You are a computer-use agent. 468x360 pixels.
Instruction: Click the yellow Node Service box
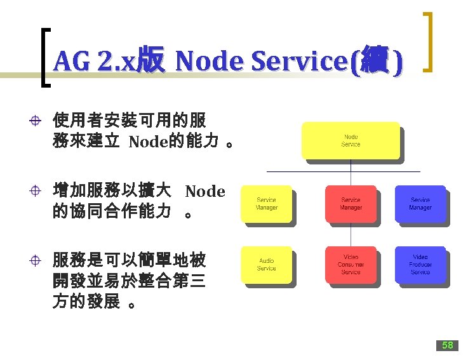[x=351, y=140]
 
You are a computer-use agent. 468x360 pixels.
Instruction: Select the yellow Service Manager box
[x=266, y=204]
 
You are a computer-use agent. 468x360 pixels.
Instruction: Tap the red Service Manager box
[x=351, y=204]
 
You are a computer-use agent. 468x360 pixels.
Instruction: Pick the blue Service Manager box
[x=420, y=204]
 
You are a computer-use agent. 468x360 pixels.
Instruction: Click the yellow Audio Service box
[x=266, y=264]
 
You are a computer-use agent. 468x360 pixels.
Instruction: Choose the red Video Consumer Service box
[x=351, y=264]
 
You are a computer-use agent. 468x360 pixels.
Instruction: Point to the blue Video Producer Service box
[x=420, y=264]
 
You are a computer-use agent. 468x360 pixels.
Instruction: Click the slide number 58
[x=447, y=345]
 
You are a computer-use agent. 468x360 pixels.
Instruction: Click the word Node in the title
[x=210, y=62]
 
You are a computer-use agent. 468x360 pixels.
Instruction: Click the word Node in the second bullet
[x=205, y=191]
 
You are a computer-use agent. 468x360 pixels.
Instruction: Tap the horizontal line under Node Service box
[x=343, y=171]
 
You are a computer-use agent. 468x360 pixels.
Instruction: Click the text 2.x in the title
[x=113, y=62]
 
